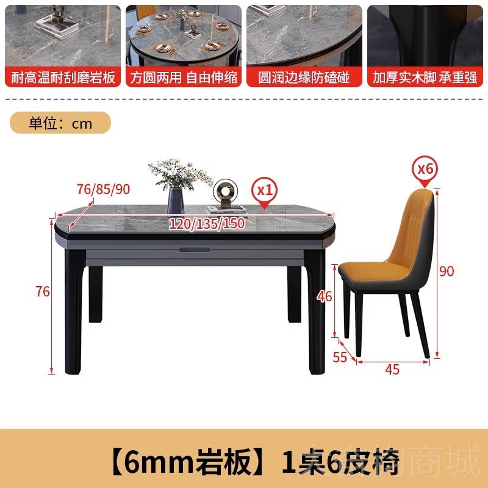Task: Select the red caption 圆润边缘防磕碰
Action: coord(304,79)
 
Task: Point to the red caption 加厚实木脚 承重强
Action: coord(425,79)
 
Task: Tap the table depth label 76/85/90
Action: coord(104,189)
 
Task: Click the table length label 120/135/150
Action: coord(207,224)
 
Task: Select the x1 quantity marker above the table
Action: coord(264,189)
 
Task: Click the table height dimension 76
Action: coord(43,292)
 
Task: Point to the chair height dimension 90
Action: coord(447,271)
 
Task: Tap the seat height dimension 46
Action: coord(325,297)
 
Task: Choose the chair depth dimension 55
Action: coord(340,357)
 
